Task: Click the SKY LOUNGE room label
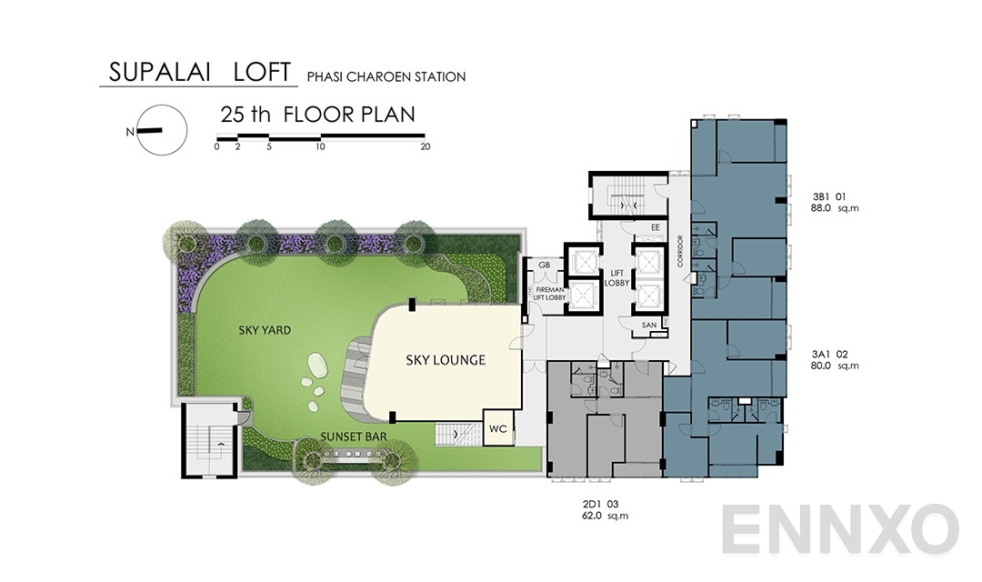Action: [446, 360]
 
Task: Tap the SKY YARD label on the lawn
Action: [265, 330]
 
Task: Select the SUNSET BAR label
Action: [354, 437]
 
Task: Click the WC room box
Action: [497, 428]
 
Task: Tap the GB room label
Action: [544, 266]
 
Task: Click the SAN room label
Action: [649, 325]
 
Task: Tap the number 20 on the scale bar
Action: [425, 146]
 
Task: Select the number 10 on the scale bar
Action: [320, 146]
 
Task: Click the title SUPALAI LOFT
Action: [199, 72]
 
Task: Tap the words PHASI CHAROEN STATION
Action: [386, 77]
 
